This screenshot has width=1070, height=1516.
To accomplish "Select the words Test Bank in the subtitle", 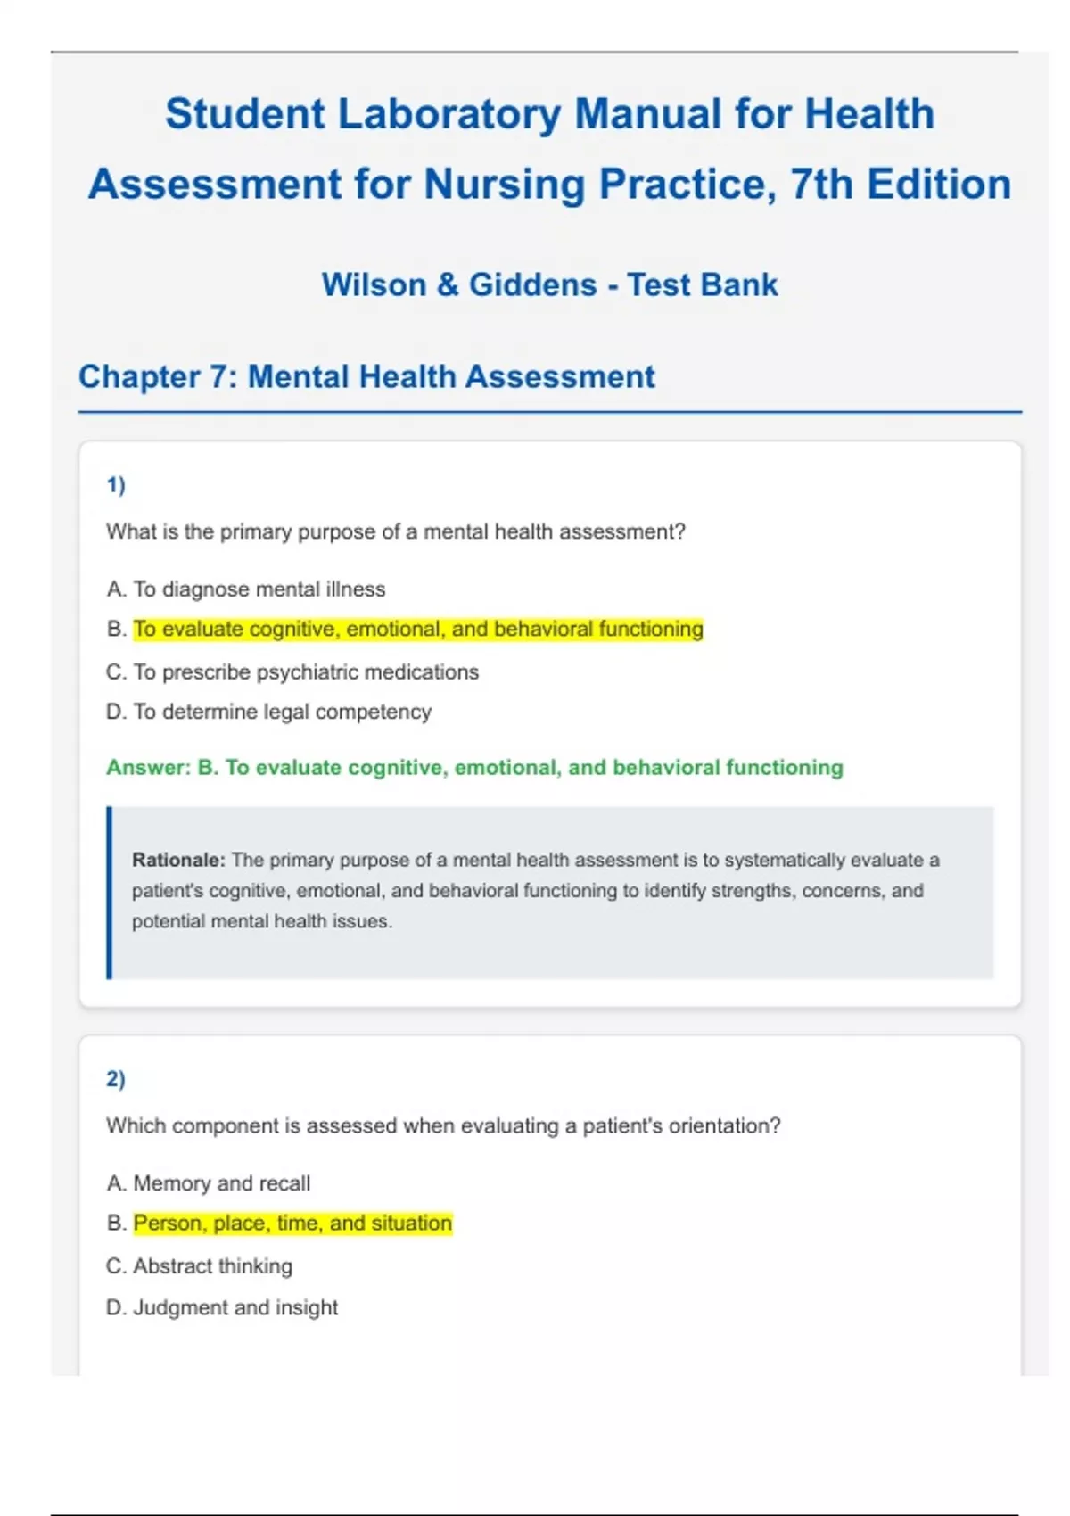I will click(x=702, y=285).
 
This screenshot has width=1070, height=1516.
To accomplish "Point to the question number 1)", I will click(x=116, y=485).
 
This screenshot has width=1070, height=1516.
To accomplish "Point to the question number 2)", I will click(x=116, y=1079).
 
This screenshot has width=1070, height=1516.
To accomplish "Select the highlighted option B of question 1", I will click(x=417, y=630).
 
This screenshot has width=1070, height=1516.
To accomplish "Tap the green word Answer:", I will click(x=148, y=768).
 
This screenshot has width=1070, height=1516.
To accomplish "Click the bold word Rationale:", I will click(x=178, y=861).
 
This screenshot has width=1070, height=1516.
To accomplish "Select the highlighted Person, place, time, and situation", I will click(x=292, y=1224).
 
